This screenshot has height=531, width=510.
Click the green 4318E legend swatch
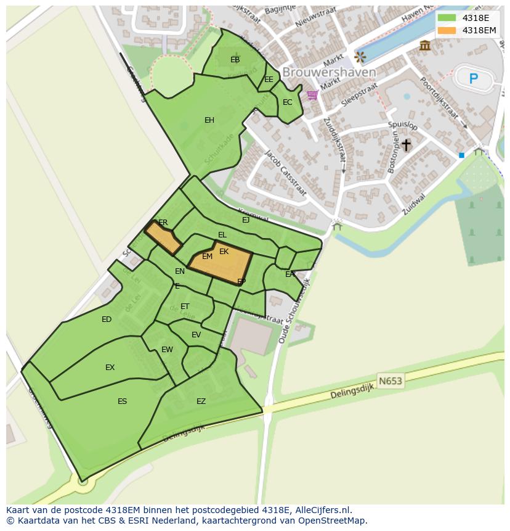click(447, 18)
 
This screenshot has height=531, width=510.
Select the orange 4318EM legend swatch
click(447, 30)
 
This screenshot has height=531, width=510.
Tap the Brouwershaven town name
click(329, 72)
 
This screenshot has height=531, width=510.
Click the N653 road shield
click(390, 381)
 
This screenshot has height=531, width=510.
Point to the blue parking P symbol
click(474, 78)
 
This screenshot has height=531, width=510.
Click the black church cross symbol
click(406, 145)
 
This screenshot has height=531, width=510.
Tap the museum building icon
click(425, 45)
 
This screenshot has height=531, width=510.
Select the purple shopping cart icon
click(312, 95)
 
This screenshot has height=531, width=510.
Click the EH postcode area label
click(209, 120)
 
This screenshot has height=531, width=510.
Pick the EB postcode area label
click(235, 60)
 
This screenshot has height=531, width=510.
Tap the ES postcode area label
click(122, 401)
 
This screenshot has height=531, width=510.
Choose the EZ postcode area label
click(201, 401)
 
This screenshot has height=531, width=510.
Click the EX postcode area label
click(110, 368)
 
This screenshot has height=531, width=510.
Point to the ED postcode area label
click(107, 319)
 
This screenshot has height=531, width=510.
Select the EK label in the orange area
click(224, 252)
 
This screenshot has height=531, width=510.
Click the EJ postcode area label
click(246, 220)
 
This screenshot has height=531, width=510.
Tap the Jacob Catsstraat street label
click(285, 173)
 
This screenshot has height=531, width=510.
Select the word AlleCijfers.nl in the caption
click(323, 510)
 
